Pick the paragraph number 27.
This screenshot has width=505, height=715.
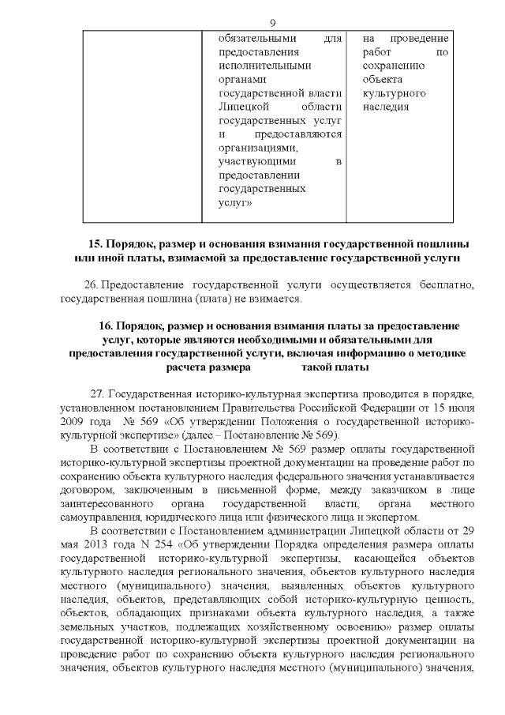click(x=98, y=394)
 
